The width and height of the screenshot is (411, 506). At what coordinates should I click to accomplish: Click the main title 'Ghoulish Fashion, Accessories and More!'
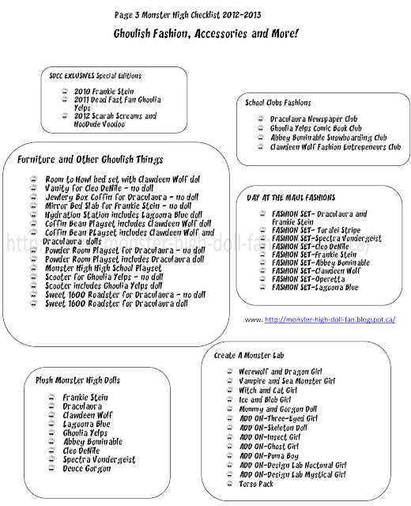tap(205, 33)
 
